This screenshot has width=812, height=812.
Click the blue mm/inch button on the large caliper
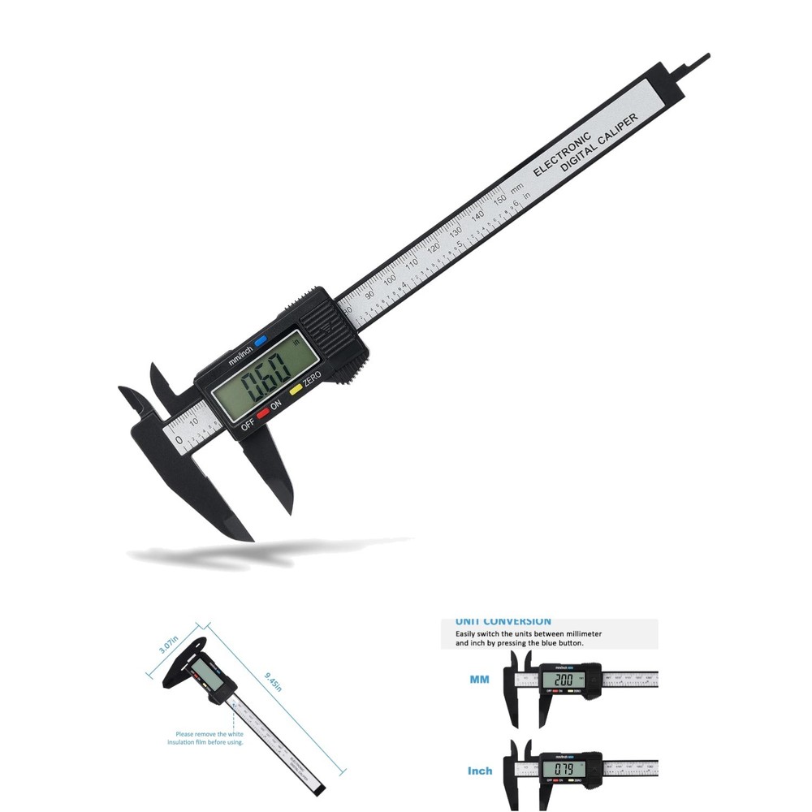click(x=261, y=342)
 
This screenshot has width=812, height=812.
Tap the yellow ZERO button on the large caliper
click(x=296, y=389)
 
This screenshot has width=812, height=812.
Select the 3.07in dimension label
click(x=169, y=640)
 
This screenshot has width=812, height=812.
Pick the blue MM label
click(x=479, y=679)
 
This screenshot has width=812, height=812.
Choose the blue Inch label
click(x=479, y=770)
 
